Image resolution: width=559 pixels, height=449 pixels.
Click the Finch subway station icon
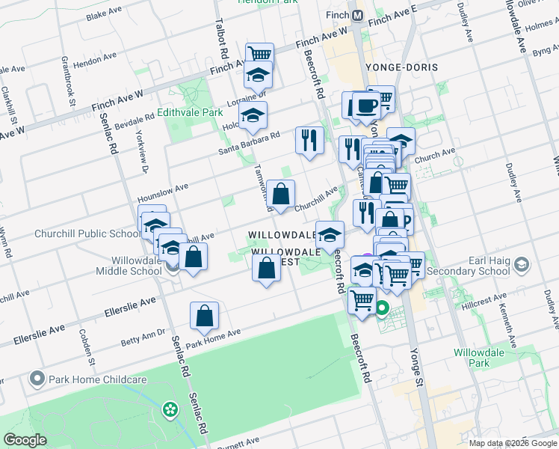click(358, 15)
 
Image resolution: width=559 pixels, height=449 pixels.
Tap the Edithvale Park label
click(191, 112)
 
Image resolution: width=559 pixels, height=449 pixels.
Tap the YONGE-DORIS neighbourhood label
click(401, 67)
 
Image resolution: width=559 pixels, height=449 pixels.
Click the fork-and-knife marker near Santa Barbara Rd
click(309, 138)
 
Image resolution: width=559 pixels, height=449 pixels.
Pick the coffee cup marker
click(365, 106)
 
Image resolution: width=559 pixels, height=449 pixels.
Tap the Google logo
click(25, 440)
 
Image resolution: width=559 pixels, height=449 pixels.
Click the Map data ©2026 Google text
click(513, 443)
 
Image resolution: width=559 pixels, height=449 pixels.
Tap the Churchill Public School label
click(87, 233)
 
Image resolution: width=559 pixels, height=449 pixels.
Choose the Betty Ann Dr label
click(143, 337)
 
